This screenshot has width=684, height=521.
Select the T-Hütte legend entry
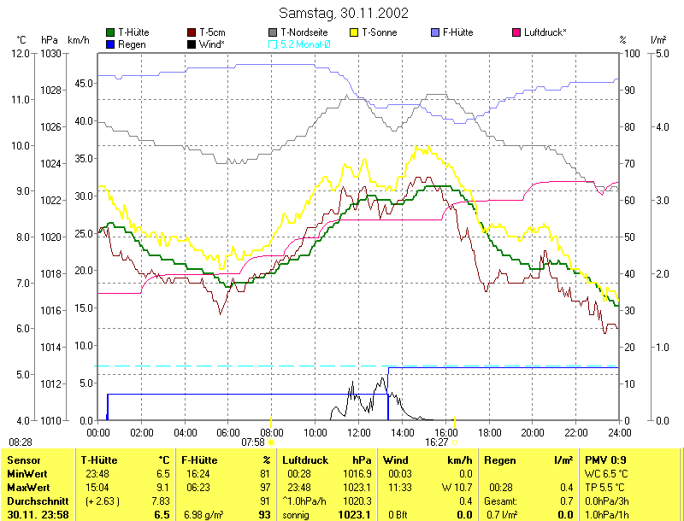point(133,32)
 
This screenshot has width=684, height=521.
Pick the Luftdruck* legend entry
point(545,32)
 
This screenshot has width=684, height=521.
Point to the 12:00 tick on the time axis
point(359,433)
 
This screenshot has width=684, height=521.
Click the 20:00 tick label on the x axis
point(533,433)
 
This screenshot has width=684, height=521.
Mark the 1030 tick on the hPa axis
point(50,54)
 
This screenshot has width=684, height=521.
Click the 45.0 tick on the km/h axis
point(82,84)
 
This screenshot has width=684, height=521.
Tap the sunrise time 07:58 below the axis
point(253,442)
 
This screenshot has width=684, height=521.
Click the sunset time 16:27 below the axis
point(437,442)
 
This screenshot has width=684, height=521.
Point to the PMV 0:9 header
point(605,460)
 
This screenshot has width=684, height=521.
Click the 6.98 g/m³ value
point(203,515)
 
